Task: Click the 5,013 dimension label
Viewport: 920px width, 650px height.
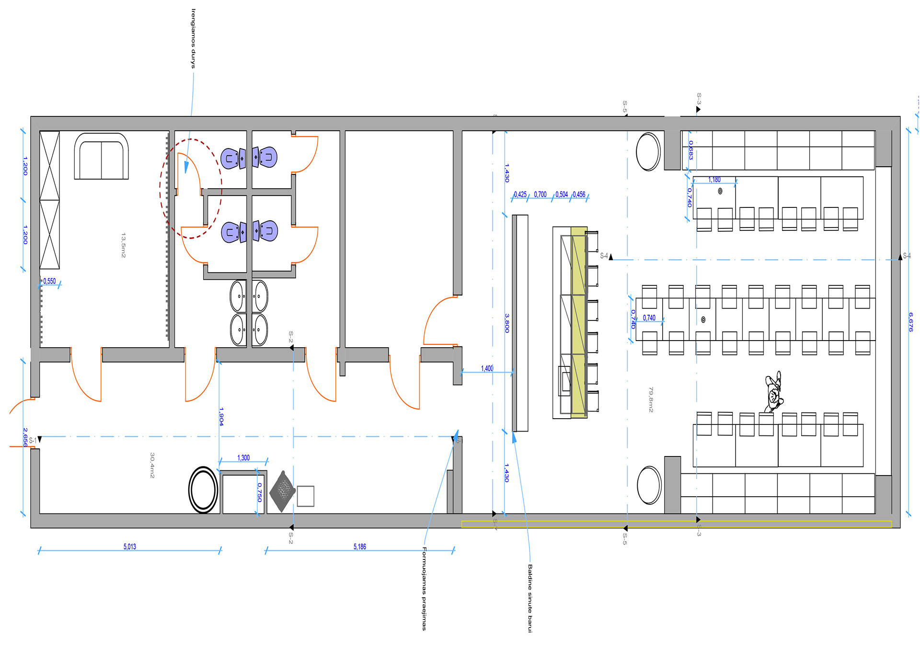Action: [x=129, y=547]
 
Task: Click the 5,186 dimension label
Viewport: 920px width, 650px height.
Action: [x=359, y=547]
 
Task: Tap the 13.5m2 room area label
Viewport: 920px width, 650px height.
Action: [x=123, y=245]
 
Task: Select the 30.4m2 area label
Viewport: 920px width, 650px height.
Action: [x=152, y=465]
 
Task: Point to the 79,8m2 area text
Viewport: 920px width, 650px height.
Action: [x=651, y=399]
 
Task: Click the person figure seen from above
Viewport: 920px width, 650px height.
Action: [x=773, y=392]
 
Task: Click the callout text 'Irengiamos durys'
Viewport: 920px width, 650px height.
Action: [x=193, y=38]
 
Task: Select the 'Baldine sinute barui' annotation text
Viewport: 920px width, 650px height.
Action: [x=530, y=598]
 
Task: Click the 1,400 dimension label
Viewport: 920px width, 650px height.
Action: [x=487, y=368]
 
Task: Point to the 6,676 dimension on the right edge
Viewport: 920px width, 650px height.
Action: [x=910, y=322]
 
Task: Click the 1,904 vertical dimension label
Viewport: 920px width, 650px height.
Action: [x=221, y=416]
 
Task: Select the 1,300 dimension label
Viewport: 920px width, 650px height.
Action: [x=243, y=458]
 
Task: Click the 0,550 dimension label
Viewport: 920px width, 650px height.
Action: [x=49, y=281]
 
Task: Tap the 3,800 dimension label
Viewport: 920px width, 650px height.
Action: [x=506, y=323]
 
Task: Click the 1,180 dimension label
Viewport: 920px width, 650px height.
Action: [x=714, y=180]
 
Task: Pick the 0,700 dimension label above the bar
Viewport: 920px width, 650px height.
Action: [x=540, y=194]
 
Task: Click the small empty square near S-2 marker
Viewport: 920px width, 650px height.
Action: [x=305, y=496]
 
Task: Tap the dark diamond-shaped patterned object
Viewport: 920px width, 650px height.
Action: [x=283, y=491]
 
